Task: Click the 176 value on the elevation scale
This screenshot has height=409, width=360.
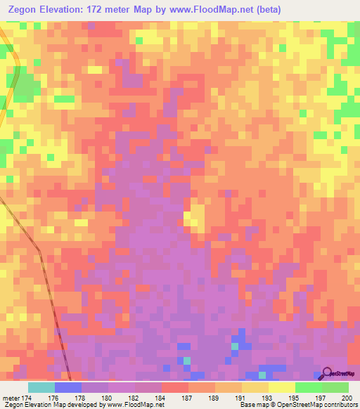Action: pos(53,398)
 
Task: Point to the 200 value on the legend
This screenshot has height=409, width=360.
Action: pos(344,398)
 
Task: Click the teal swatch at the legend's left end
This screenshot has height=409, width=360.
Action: pos(41,387)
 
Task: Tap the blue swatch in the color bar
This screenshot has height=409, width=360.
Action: pos(67,387)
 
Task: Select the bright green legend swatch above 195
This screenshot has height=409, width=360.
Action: pos(308,387)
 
